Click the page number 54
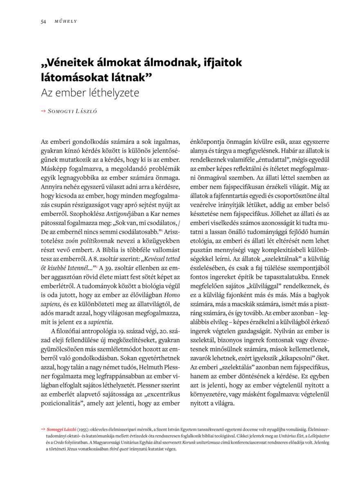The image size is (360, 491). point(43,21)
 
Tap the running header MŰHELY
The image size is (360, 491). point(65,21)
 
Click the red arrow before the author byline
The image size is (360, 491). point(43,111)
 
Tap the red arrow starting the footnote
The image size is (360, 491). point(43,429)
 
